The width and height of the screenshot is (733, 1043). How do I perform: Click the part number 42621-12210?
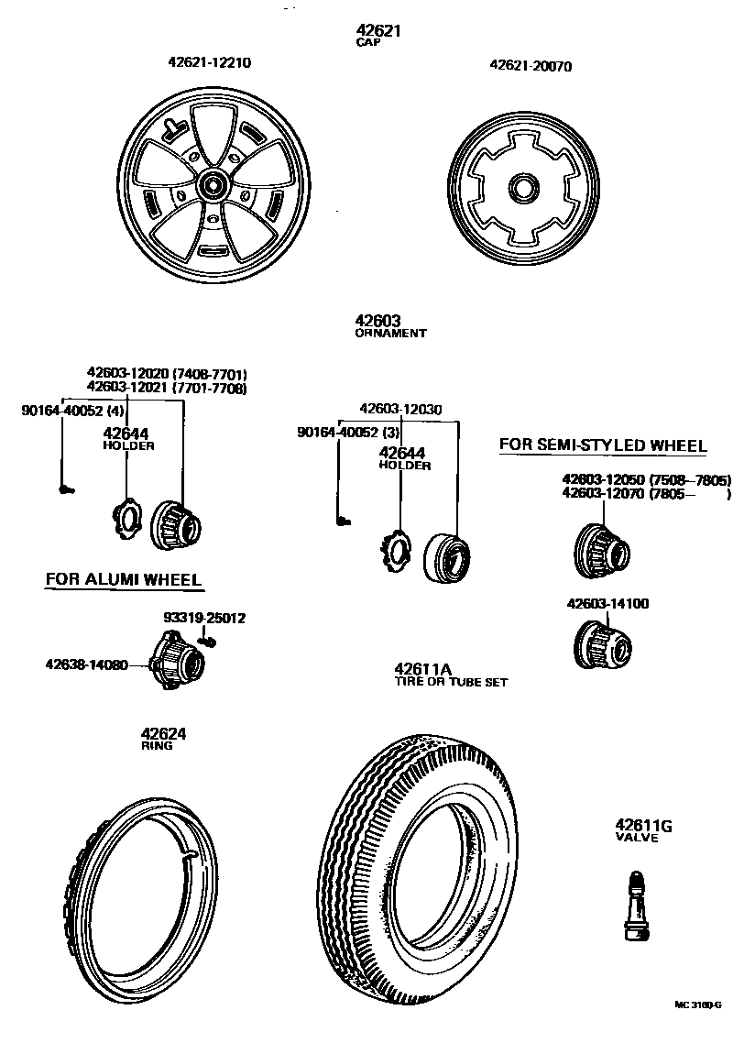(x=209, y=63)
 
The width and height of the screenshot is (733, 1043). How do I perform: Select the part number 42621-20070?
(x=531, y=66)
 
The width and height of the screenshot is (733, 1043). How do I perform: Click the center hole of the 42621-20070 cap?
(x=524, y=189)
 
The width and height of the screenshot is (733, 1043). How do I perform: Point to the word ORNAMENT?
(x=390, y=334)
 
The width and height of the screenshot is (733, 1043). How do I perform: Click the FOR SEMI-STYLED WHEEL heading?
(x=603, y=446)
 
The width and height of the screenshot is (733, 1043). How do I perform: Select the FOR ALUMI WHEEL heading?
(x=124, y=579)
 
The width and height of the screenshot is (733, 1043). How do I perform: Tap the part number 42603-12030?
(x=400, y=409)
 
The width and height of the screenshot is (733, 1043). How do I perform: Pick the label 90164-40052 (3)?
(x=348, y=432)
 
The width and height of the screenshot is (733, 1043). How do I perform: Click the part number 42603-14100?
(x=607, y=604)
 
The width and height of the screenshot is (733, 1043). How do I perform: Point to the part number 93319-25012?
(x=204, y=618)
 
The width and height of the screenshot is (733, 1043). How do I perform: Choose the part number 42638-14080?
(x=86, y=664)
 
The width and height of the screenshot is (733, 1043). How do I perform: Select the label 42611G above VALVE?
(x=643, y=826)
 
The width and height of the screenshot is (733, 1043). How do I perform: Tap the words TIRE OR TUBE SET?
(x=451, y=682)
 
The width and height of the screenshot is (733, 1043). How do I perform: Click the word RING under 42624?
(x=156, y=746)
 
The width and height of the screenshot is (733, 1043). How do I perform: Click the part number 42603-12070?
(x=603, y=494)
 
